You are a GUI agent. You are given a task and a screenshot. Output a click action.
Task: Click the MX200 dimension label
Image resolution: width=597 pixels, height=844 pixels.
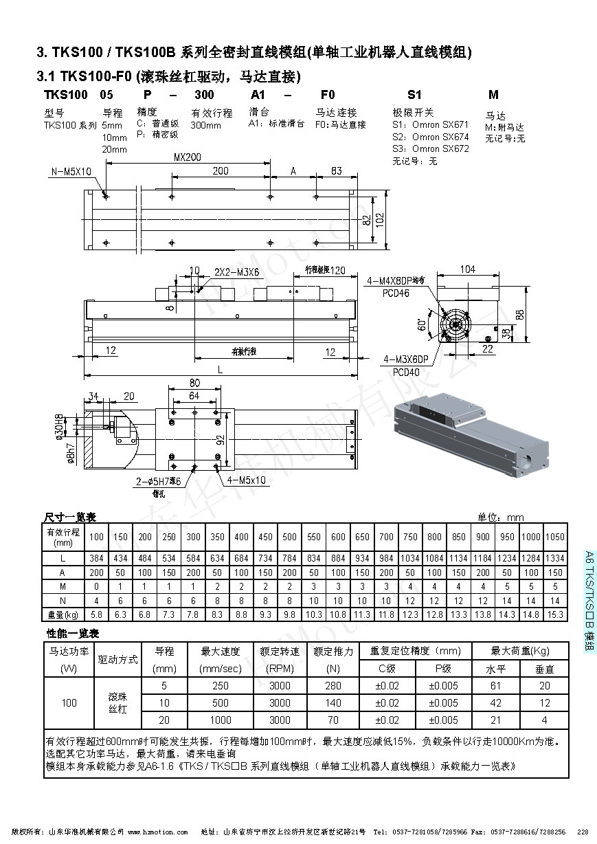187,157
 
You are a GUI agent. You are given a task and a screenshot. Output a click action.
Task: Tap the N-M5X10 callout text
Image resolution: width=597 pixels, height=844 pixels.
71,171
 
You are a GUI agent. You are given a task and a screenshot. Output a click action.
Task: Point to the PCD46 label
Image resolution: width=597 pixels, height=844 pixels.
396,293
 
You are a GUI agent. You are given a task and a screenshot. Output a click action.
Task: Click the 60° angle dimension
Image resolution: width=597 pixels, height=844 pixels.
420,324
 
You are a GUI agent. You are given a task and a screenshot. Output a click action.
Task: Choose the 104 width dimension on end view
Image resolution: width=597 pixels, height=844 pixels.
467,269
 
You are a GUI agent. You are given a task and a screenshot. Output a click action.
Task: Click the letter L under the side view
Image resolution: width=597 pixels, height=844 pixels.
220,369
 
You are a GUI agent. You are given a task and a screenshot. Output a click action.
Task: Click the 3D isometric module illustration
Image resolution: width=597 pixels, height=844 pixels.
471,436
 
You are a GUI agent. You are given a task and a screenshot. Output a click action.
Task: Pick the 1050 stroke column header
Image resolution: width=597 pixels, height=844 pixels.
555,536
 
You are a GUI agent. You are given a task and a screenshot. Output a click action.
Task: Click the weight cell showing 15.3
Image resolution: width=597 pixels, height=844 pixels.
555,614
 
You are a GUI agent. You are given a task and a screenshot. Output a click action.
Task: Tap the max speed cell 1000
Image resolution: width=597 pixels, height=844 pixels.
221,720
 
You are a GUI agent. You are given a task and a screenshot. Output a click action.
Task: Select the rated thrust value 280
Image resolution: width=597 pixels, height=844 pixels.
333,685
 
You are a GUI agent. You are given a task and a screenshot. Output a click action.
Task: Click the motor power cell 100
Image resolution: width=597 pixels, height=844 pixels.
69,702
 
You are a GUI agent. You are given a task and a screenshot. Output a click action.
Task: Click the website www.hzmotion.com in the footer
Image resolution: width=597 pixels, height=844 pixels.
157,832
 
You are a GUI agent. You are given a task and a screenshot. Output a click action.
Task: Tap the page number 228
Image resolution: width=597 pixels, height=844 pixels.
582,832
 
